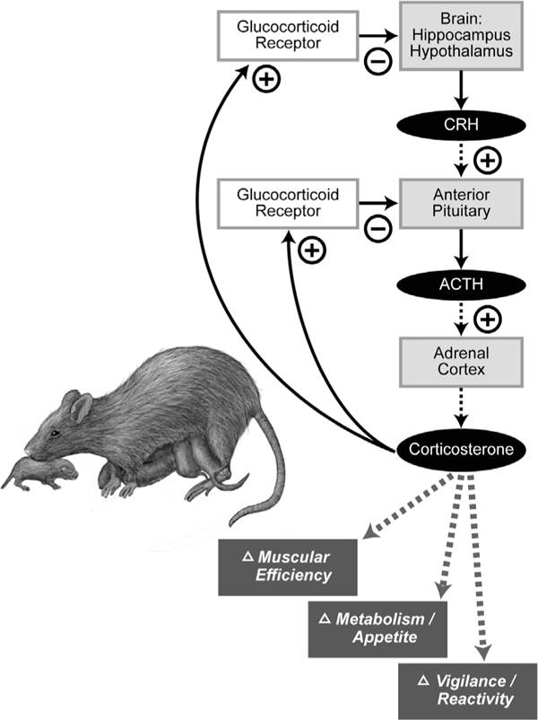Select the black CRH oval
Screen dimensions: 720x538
(461, 120)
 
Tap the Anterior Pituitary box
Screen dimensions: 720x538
(461, 204)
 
